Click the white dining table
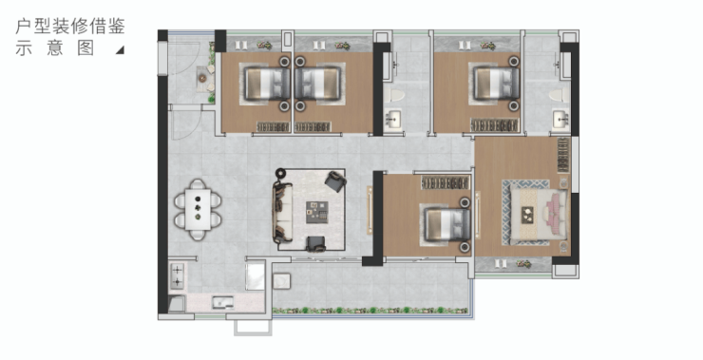[198, 209]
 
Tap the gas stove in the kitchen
[177, 275]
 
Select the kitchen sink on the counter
[223, 302]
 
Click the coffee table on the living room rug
[317, 212]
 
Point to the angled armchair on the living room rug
[335, 181]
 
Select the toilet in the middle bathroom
[394, 95]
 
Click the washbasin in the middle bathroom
[393, 120]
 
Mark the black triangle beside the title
[120, 49]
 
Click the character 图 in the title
[85, 47]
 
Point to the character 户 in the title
[24, 26]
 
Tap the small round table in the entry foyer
[202, 79]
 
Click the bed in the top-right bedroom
[496, 84]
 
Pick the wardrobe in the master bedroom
[563, 155]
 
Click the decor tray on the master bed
[527, 216]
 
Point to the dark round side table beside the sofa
[280, 173]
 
